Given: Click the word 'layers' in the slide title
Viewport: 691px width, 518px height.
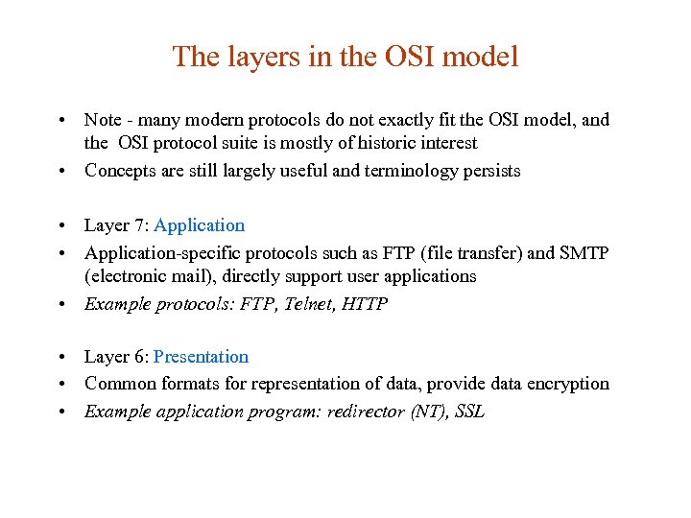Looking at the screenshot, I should click(254, 57).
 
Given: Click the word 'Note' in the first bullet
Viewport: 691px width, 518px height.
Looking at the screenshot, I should click(103, 120).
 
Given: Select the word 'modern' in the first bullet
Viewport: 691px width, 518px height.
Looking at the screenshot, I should click(216, 120).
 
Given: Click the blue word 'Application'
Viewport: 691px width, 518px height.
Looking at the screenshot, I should click(199, 225).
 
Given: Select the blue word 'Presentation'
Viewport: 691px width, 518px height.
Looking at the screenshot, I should click(201, 357).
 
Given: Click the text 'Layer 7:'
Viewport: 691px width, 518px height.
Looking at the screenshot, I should click(116, 225).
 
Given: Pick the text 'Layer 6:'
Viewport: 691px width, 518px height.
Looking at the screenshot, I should click(116, 357).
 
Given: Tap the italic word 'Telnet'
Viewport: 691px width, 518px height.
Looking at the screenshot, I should click(317, 304).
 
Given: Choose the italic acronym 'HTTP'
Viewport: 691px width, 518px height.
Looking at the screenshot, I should click(369, 304).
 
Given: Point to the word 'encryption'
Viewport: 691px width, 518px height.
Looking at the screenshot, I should click(567, 384).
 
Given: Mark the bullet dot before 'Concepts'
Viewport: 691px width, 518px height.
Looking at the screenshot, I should click(60, 172).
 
